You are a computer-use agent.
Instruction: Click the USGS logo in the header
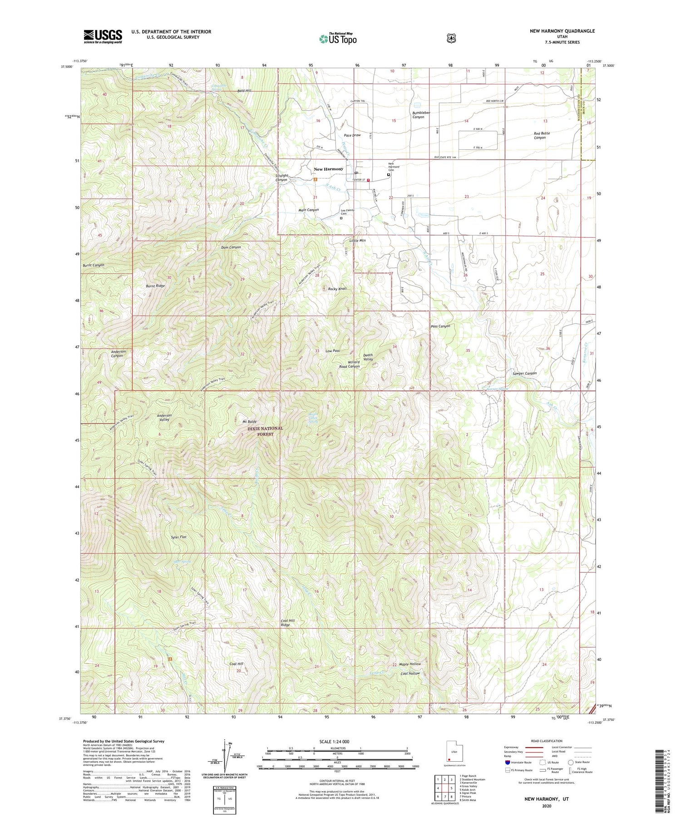103,36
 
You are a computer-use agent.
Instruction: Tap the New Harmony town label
328,169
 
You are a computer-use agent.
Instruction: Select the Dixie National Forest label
265,431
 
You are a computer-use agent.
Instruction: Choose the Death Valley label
368,357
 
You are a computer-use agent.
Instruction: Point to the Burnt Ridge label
155,286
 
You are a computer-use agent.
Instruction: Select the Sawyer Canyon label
524,373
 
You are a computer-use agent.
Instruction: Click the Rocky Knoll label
337,289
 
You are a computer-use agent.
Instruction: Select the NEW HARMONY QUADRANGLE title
562,31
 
